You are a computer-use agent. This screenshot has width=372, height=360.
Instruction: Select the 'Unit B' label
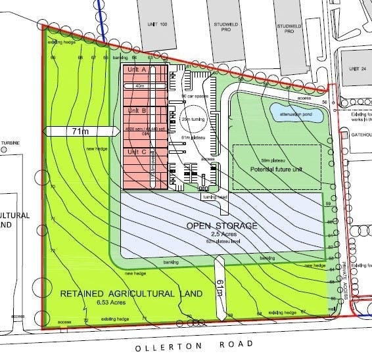click(137, 110)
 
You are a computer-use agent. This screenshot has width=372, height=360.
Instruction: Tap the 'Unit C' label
click(137, 152)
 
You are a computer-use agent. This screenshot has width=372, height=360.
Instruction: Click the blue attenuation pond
click(296, 113)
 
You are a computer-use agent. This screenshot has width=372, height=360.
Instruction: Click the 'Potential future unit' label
click(277, 169)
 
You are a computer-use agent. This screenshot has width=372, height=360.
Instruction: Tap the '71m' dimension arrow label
click(78, 131)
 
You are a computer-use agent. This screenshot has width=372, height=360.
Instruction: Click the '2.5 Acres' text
click(221, 234)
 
